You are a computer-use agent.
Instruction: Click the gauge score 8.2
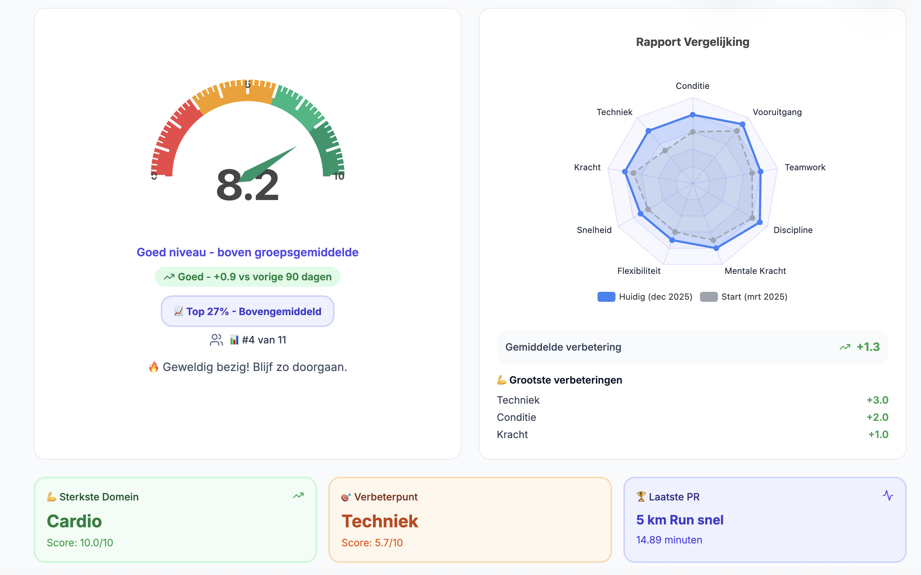[x=247, y=186]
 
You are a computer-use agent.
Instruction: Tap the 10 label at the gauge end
[x=338, y=176]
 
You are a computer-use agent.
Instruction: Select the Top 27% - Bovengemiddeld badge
[x=247, y=312]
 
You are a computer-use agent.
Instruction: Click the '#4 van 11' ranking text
[x=264, y=339]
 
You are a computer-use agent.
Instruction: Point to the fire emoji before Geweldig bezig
[x=153, y=367]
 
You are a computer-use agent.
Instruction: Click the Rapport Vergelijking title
[x=692, y=42]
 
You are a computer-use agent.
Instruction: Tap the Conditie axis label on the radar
[x=692, y=86]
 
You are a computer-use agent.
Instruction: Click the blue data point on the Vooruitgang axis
[x=742, y=124]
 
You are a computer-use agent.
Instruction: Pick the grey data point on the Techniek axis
[x=665, y=151]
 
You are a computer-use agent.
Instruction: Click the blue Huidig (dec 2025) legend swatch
[x=606, y=296]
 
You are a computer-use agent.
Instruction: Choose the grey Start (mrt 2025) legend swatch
[x=709, y=296]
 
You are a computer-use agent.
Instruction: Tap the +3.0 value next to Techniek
[x=877, y=400]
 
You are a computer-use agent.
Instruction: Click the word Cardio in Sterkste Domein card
[x=74, y=521]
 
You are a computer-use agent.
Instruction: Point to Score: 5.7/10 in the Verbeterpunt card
[x=372, y=543]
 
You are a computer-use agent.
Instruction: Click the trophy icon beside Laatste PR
[x=641, y=496]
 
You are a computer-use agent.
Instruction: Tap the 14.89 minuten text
[x=669, y=540]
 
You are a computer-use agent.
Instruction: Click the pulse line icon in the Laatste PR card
[x=888, y=495]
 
